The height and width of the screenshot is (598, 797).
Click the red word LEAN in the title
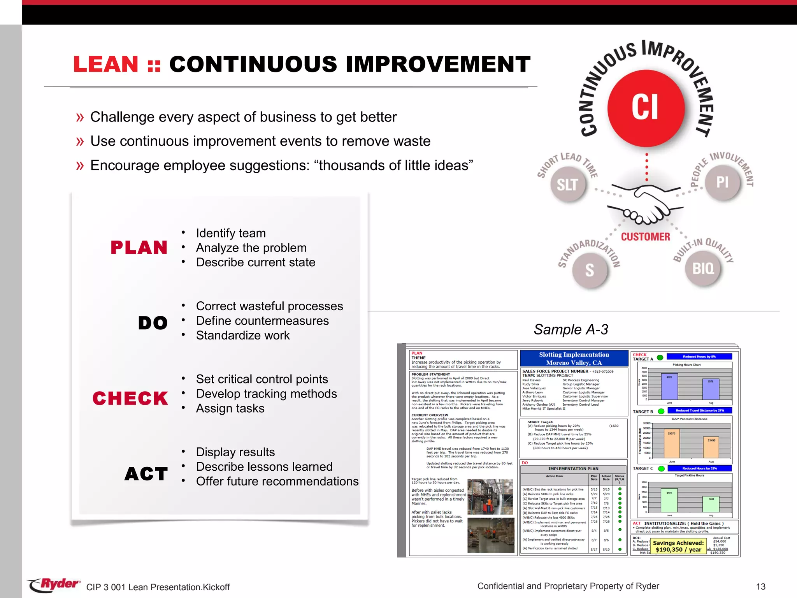tap(106, 64)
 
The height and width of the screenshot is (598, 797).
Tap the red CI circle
tap(646, 107)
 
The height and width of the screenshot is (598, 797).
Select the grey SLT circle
tap(568, 184)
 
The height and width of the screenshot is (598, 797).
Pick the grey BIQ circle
tap(703, 268)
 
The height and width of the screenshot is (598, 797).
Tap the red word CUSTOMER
tap(646, 237)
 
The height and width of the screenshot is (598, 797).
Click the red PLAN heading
tap(139, 248)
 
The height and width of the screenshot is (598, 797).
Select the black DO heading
tap(153, 323)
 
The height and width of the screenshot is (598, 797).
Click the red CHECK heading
tap(130, 398)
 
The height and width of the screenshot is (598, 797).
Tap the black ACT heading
tap(146, 474)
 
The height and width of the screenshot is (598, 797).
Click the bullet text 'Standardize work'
tap(243, 335)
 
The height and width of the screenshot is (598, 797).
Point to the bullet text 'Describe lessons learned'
tap(264, 466)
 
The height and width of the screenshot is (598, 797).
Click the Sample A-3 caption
tap(571, 329)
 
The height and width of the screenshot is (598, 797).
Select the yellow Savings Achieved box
tap(678, 546)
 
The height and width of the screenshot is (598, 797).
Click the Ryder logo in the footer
tap(54, 585)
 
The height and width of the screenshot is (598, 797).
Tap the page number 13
tap(760, 587)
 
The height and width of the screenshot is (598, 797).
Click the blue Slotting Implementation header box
tap(574, 358)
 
